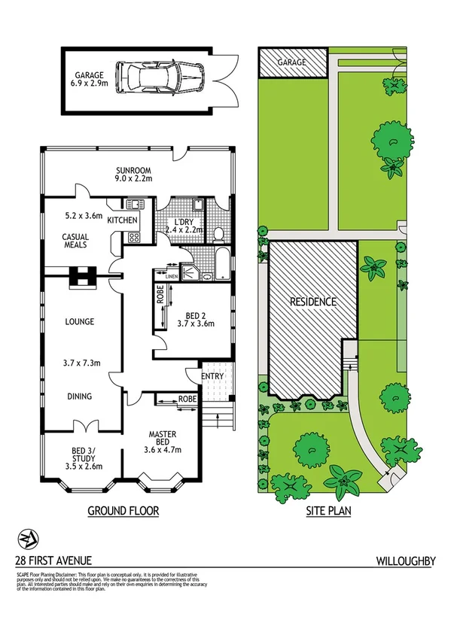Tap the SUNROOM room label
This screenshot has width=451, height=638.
point(134,169)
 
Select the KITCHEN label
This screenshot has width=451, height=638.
point(123,220)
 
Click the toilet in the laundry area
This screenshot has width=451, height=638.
point(218,234)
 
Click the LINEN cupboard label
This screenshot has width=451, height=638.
point(172,276)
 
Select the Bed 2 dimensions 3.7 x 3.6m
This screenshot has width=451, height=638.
point(195,324)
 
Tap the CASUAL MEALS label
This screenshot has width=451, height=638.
point(75,240)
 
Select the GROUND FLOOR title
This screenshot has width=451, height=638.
point(123,512)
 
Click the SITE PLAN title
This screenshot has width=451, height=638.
point(330,512)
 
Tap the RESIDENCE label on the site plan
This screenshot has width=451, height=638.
point(313,301)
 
